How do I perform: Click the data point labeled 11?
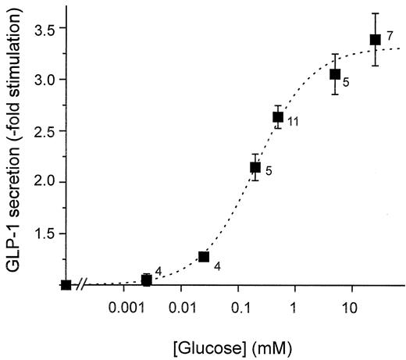(277, 117)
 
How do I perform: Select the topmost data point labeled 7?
(375, 39)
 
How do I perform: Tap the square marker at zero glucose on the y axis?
(66, 284)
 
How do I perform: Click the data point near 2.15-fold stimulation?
(255, 167)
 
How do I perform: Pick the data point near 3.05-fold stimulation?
(335, 74)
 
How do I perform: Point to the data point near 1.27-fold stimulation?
(204, 256)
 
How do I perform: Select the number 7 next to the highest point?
(390, 37)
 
